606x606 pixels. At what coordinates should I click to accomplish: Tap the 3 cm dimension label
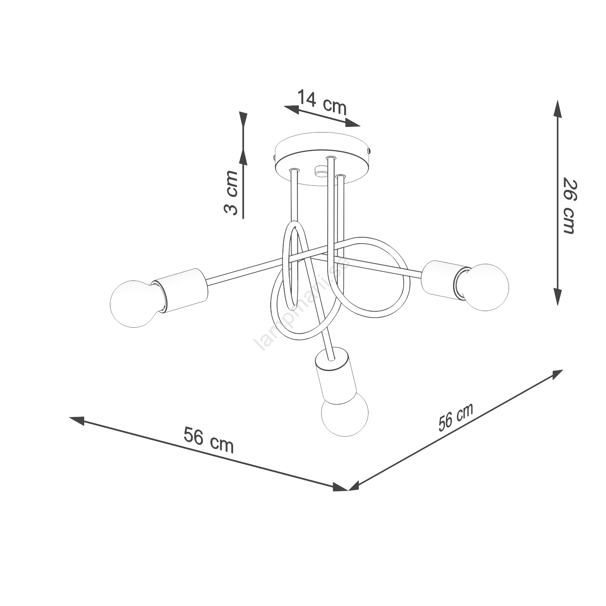coord(231,192)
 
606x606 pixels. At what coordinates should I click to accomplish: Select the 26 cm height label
coord(569,206)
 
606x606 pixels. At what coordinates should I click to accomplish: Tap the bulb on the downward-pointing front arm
coord(345,413)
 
